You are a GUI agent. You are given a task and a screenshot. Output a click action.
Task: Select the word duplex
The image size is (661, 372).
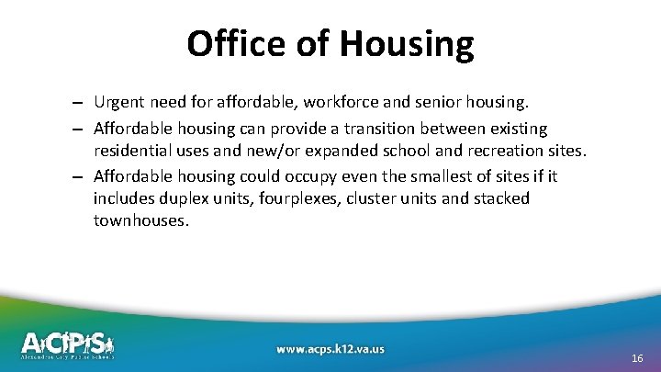point(185,198)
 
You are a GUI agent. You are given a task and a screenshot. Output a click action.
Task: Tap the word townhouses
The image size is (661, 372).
point(140,221)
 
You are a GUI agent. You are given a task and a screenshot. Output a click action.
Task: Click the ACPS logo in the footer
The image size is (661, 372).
point(68,344)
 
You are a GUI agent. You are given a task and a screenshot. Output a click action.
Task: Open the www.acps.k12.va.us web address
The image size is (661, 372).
point(330,348)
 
